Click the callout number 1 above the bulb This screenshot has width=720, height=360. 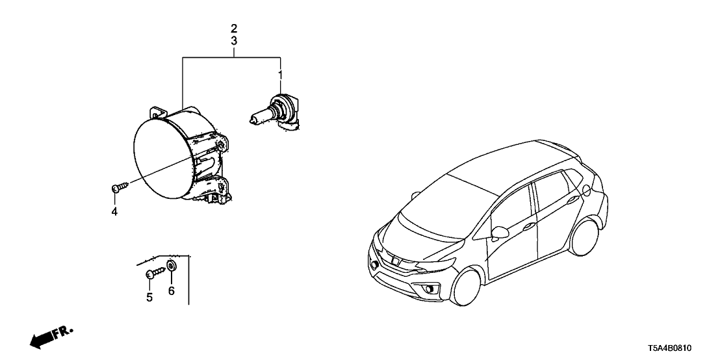tap(280, 74)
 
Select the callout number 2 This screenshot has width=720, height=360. tap(234, 28)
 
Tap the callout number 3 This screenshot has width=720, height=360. tap(234, 41)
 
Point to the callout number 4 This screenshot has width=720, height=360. tap(114, 212)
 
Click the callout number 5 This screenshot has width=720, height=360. tap(149, 298)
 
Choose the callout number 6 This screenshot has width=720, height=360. tap(172, 291)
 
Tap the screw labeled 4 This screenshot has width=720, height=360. tap(120, 187)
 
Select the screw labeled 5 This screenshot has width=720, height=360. tap(155, 272)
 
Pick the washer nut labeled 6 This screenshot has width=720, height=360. tap(172, 266)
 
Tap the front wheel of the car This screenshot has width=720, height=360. tap(467, 288)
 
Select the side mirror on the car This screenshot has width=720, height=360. tap(500, 233)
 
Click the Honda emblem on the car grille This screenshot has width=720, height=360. tap(394, 261)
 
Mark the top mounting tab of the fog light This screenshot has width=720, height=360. tap(157, 112)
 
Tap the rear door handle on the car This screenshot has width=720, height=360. tap(572, 200)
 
